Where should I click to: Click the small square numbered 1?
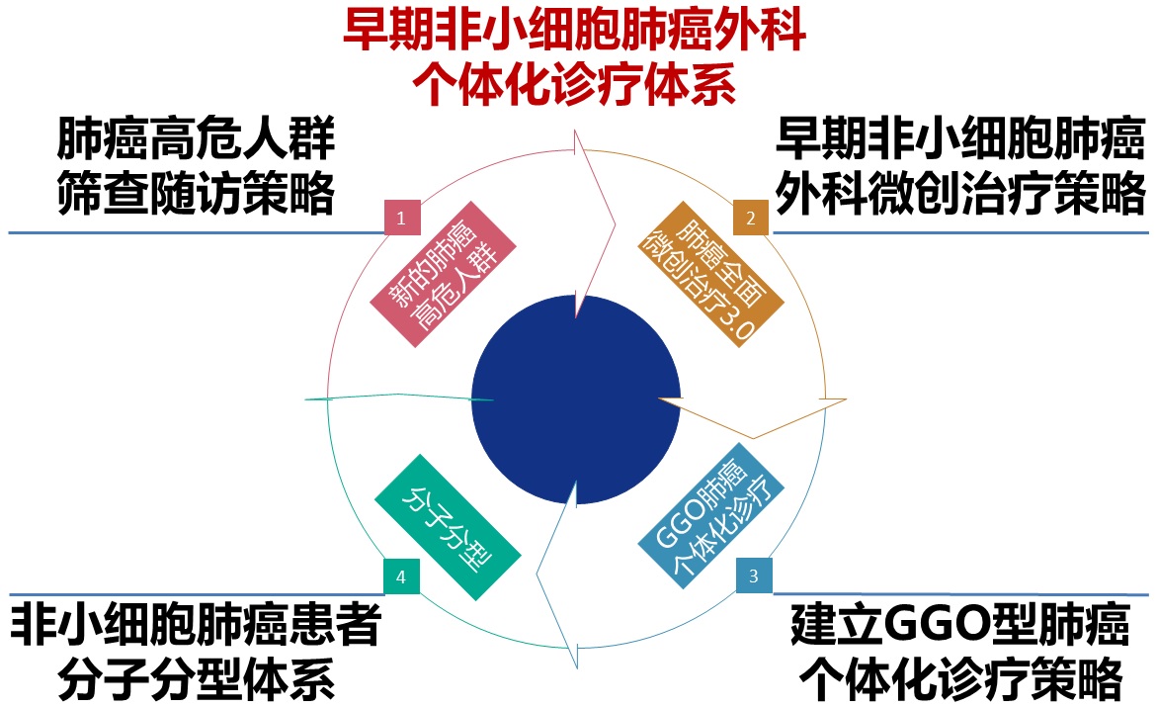coord(401,218)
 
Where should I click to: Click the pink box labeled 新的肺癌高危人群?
coord(442,278)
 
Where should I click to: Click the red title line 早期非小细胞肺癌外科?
coord(574,31)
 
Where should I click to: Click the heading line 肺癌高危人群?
coord(196,141)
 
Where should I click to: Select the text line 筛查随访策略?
coord(196,195)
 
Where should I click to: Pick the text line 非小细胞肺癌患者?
coord(196,624)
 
